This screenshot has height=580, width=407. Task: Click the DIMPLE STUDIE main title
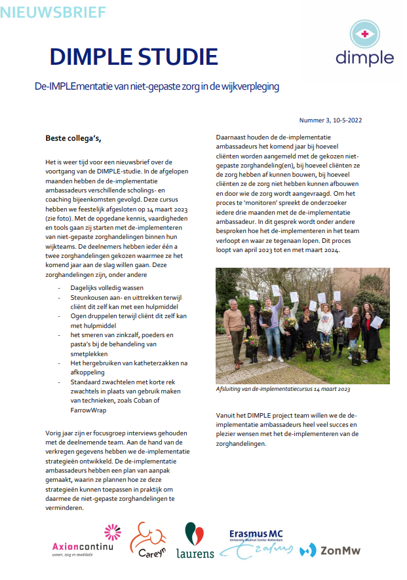coord(134,58)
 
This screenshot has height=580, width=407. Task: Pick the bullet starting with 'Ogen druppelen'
coord(129,321)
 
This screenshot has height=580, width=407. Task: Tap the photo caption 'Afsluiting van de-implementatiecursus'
coord(283,390)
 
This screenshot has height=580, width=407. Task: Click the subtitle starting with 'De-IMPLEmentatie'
coord(157,86)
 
